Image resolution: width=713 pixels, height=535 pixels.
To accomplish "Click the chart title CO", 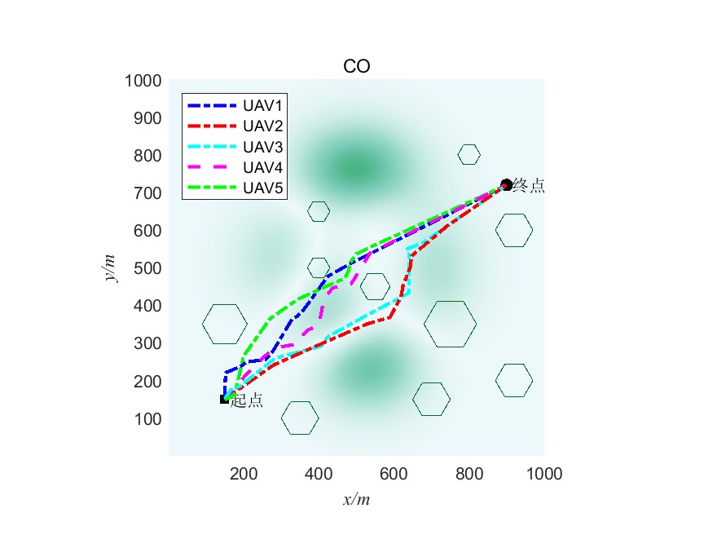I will pos(357,67).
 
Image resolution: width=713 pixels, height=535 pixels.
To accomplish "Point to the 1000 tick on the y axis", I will pos(143,81).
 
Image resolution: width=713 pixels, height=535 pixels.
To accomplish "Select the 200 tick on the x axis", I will pos(244,473).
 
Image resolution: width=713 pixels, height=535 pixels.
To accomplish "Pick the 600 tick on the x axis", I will pos(394,473).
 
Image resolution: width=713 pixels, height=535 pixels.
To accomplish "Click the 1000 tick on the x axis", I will pos(544,473).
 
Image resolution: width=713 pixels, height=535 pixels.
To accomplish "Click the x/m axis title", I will pos(357,499).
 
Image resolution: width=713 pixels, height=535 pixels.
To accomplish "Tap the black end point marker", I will pos(506,185).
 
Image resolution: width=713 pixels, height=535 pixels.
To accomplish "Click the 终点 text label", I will pos(530,187).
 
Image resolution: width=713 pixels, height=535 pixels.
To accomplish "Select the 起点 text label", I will pos(247,400).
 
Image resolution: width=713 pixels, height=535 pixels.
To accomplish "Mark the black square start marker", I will pos(224,399).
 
